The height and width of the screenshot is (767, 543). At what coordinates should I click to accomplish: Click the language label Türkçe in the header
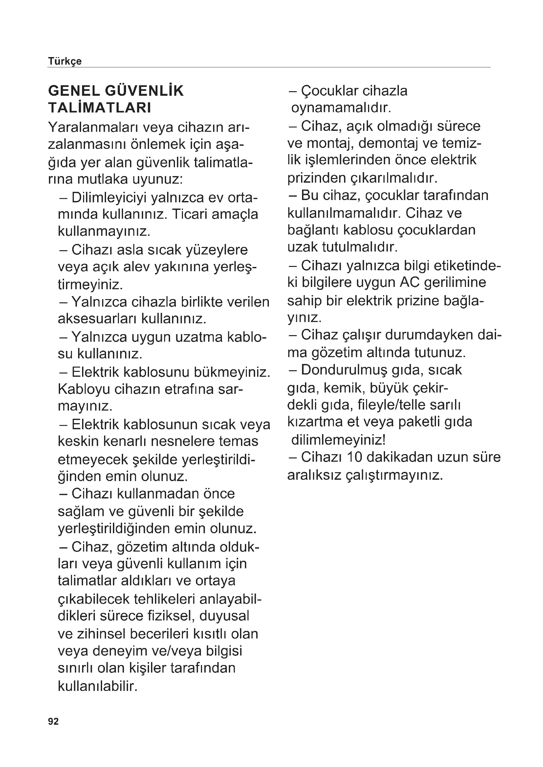65,61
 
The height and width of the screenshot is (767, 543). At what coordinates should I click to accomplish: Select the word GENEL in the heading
74,91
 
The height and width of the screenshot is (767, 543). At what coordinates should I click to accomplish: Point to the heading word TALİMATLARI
100,108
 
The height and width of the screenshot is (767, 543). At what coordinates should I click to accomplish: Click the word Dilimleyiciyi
109,198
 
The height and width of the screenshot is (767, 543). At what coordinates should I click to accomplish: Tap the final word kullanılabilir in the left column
98,686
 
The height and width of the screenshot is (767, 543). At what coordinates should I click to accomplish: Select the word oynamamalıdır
341,108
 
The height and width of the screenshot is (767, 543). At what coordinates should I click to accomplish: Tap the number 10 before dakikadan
355,457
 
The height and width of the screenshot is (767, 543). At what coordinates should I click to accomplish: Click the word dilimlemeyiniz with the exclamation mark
339,440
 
